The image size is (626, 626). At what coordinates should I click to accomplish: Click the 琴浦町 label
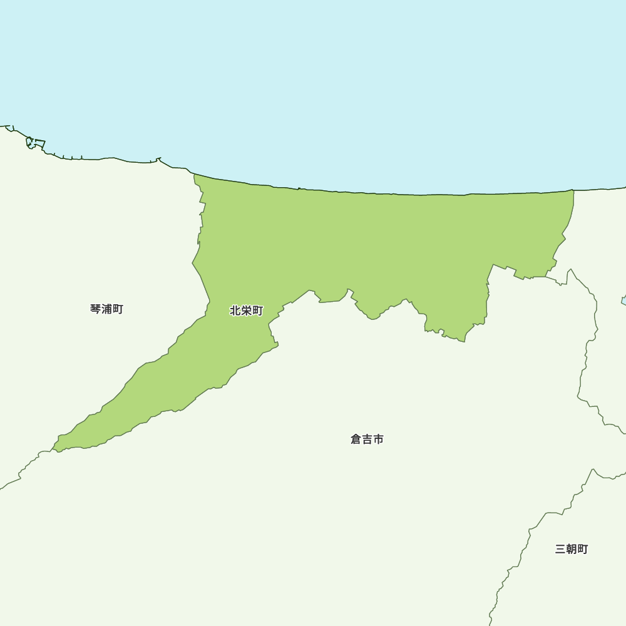(x=106, y=309)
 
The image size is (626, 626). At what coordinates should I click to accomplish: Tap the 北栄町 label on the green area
(x=247, y=310)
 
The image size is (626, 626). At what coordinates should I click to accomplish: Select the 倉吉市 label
(x=367, y=439)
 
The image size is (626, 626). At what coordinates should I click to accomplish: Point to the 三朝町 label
(x=572, y=549)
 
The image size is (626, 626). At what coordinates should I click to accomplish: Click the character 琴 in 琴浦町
(x=96, y=309)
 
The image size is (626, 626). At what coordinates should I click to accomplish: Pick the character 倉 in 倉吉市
(x=356, y=439)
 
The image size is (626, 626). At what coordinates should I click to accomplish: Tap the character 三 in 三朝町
(x=560, y=549)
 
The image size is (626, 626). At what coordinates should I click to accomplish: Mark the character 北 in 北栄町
(x=236, y=310)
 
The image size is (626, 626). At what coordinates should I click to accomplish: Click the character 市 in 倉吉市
(x=378, y=439)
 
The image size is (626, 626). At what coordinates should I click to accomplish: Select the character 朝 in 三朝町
(x=572, y=549)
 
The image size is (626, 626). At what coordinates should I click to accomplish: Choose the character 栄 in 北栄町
(x=247, y=310)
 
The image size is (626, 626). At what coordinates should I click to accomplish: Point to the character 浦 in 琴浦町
(x=106, y=309)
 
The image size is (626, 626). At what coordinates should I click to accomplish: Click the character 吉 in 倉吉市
(x=367, y=439)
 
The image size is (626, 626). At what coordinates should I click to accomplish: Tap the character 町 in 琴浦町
(x=118, y=309)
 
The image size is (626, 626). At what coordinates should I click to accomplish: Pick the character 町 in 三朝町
(x=583, y=549)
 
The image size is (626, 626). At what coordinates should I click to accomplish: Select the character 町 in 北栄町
(x=258, y=310)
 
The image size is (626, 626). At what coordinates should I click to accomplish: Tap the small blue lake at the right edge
(x=623, y=300)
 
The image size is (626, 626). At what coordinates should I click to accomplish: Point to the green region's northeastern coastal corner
(x=572, y=192)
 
